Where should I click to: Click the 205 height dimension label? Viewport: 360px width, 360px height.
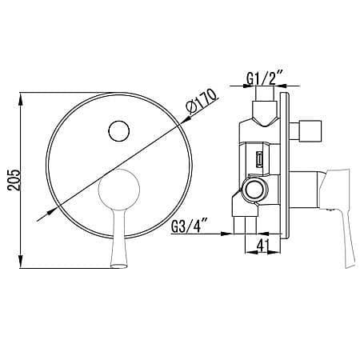tap(14, 179)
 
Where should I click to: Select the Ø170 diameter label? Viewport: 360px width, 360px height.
tap(202, 102)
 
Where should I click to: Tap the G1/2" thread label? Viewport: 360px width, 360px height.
tap(264, 78)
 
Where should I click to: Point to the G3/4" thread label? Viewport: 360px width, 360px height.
tap(190, 226)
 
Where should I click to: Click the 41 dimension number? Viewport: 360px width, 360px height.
tap(263, 245)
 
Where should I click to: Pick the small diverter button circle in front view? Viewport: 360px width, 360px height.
tap(119, 131)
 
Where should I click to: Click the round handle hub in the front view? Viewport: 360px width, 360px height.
tap(119, 190)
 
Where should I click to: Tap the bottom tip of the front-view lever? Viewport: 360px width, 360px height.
tap(118, 266)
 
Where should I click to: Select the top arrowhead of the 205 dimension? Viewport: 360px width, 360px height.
tap(21, 98)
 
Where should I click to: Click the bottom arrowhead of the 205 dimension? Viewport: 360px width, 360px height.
tap(21, 262)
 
